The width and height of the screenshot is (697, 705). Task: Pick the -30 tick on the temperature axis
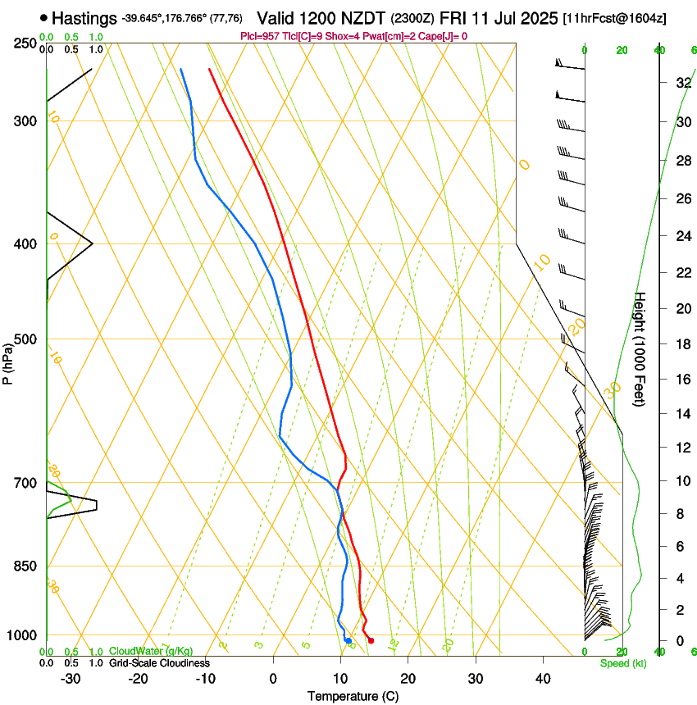71,679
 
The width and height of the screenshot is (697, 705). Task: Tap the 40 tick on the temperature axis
543,679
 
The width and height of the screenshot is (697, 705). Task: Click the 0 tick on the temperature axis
273,679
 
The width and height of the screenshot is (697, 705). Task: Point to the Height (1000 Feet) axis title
640,348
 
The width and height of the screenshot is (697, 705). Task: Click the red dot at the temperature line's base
371,640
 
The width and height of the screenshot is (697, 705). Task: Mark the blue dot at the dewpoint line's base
348,640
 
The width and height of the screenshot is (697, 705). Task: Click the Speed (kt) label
622,663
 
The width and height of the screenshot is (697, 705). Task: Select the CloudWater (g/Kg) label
151,652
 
